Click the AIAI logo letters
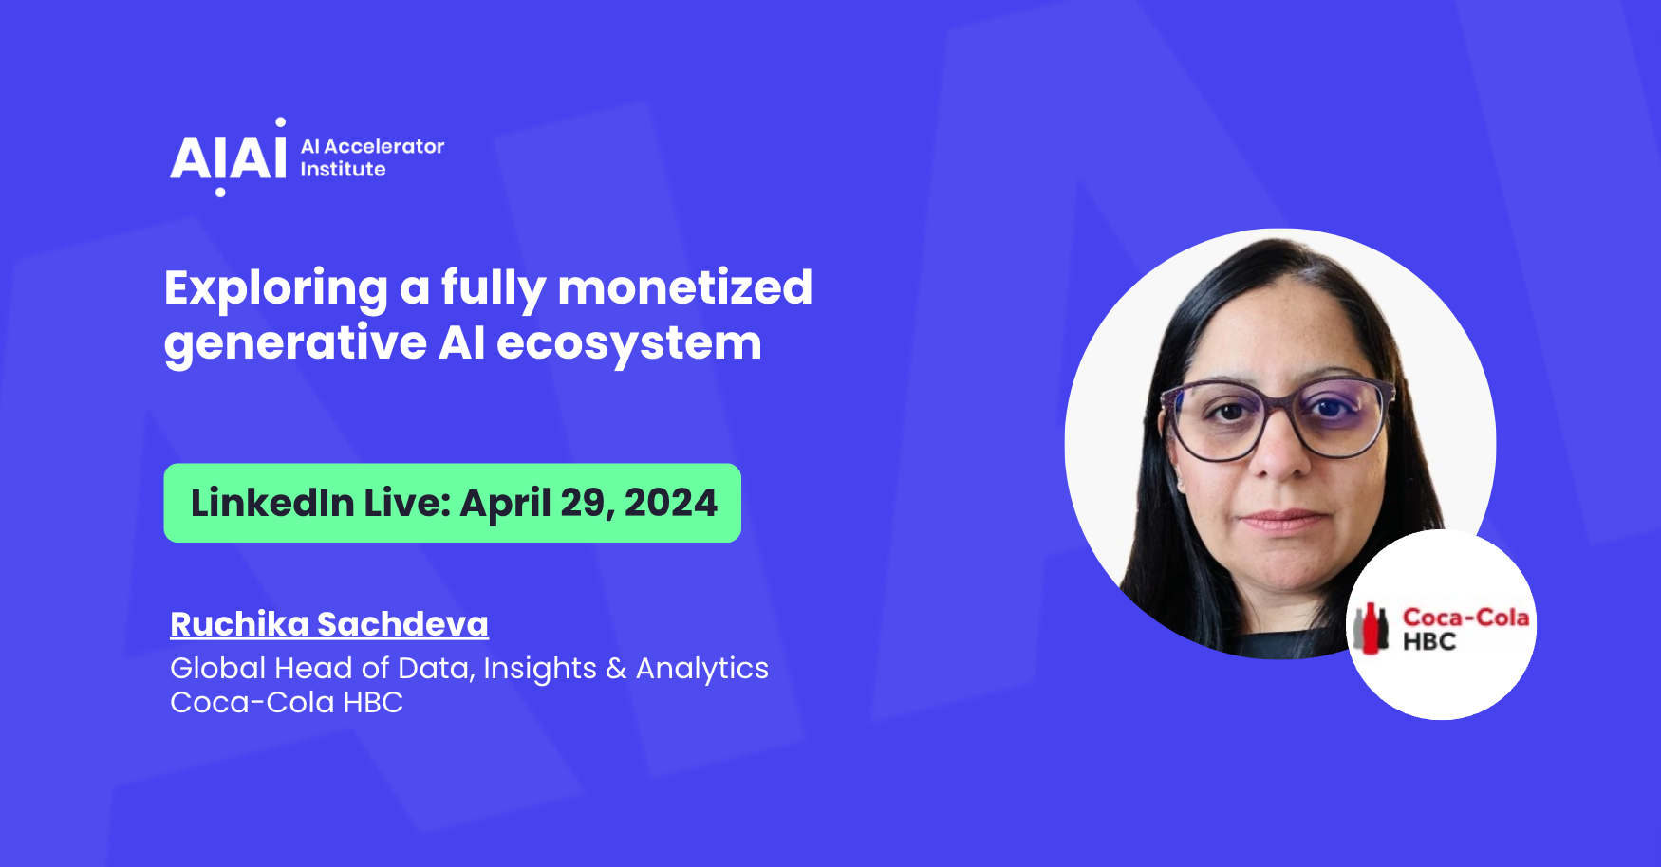click(x=228, y=157)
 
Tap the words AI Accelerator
click(x=372, y=146)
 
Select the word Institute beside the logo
click(x=343, y=169)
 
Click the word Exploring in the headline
click(x=276, y=288)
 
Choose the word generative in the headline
click(x=295, y=344)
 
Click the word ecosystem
click(x=629, y=343)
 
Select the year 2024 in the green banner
click(x=671, y=503)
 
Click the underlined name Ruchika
click(x=240, y=623)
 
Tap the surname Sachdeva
click(x=402, y=623)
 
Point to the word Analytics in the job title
click(x=702, y=669)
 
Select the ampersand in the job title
click(x=616, y=669)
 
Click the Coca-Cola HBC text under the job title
click(x=287, y=702)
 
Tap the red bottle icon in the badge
click(x=1371, y=628)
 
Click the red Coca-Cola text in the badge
click(x=1465, y=618)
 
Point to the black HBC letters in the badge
click(x=1429, y=642)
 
